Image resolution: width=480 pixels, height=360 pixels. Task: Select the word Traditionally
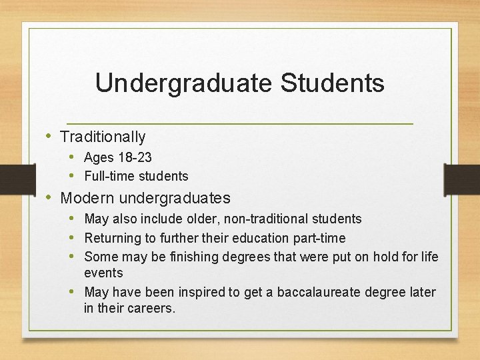click(x=103, y=137)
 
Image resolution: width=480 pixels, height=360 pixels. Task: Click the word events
click(x=103, y=273)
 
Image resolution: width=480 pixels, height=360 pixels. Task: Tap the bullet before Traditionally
click(x=49, y=136)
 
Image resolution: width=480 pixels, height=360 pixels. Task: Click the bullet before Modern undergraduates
click(x=49, y=197)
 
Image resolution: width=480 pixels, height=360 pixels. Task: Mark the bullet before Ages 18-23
click(x=75, y=157)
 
